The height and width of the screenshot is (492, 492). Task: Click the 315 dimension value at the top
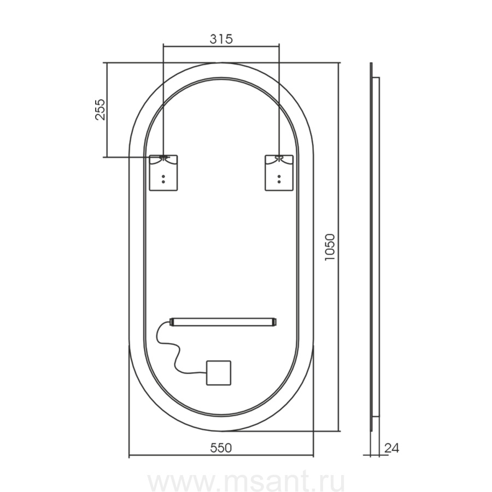(221, 39)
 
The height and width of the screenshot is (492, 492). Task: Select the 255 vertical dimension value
(101, 109)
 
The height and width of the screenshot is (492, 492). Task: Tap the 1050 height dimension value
(330, 247)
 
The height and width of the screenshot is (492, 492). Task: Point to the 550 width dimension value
(221, 448)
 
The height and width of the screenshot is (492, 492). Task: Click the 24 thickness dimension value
(392, 448)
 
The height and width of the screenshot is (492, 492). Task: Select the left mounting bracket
(163, 173)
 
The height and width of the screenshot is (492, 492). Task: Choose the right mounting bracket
(279, 173)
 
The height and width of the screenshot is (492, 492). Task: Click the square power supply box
(219, 373)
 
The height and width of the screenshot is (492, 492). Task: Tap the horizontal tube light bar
(223, 322)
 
